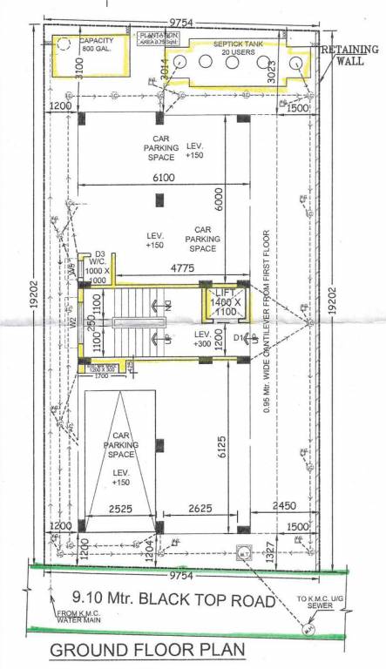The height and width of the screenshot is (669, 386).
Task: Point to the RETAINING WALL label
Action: point(350,56)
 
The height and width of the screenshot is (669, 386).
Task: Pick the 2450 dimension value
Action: point(282,506)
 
